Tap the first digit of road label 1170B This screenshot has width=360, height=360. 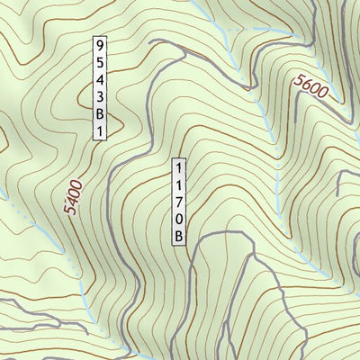(x=180, y=168)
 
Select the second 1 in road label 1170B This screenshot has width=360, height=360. (x=180, y=185)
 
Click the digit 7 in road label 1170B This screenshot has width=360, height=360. (x=180, y=202)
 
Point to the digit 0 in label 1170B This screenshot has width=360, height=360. (x=180, y=220)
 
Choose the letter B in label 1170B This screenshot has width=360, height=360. (x=180, y=236)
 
